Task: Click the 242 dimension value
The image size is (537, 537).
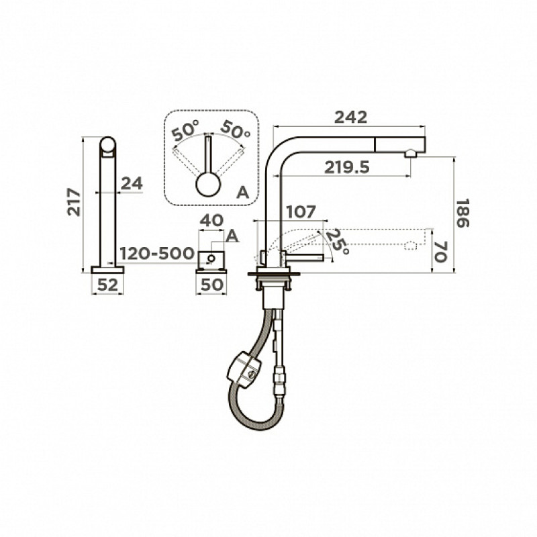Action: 350,117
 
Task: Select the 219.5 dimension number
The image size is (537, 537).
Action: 347,167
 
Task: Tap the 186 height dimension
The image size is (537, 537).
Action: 462,213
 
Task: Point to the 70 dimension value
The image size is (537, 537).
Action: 441,252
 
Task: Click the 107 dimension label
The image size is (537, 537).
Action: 300,212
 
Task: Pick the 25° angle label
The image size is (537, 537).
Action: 338,242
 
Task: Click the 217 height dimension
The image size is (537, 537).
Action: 74,202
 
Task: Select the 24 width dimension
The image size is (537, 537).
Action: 132,184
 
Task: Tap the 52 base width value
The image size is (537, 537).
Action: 107,285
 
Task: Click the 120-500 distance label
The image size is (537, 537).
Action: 157,254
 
